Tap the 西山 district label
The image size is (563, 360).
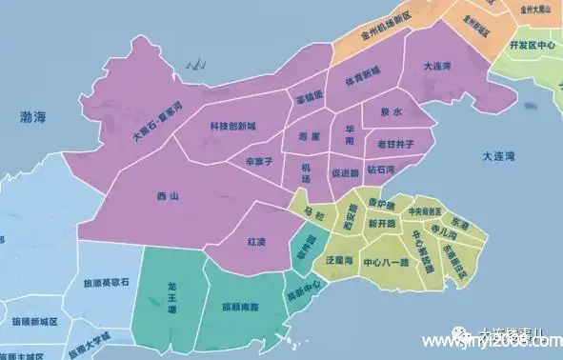click(x=168, y=196)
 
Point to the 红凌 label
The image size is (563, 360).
click(x=257, y=241)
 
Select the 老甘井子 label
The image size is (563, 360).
click(x=393, y=144)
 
